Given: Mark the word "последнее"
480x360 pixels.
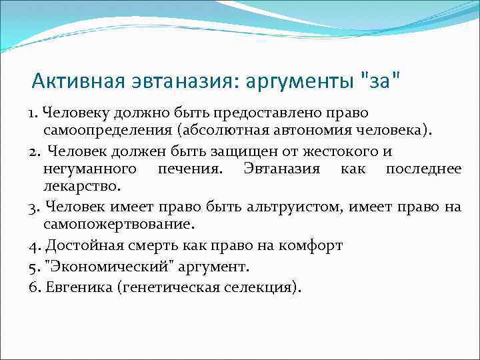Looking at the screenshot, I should (x=423, y=169).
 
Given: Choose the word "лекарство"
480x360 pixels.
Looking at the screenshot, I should (x=81, y=187).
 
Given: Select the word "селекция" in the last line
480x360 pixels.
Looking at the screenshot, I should (x=262, y=287).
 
